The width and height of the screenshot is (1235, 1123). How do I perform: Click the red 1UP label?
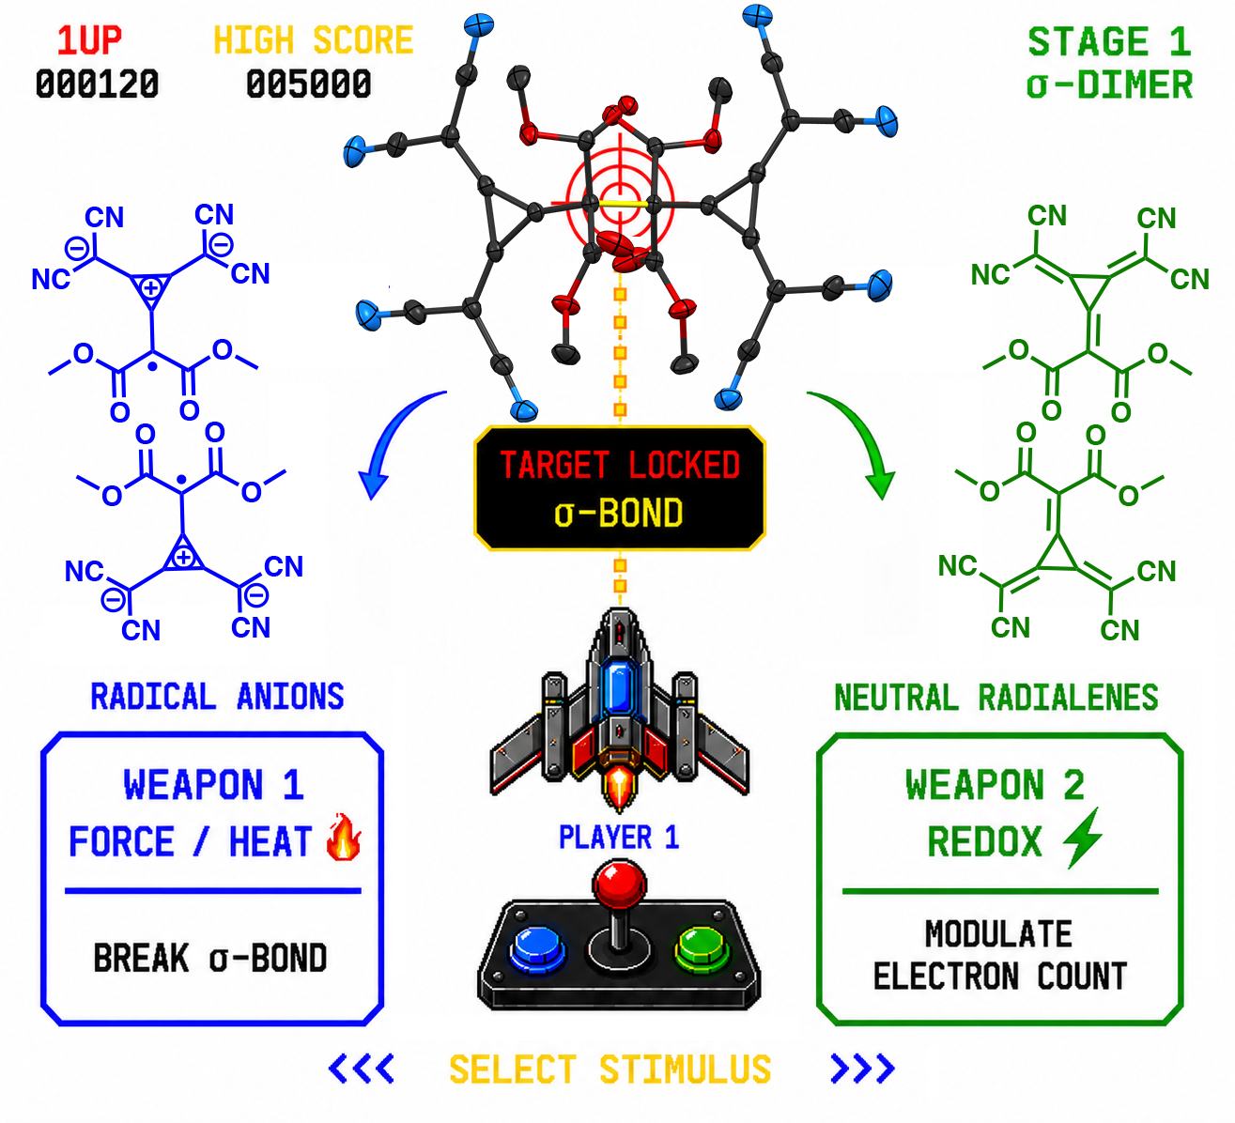89,41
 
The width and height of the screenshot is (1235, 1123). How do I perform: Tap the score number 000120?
98,84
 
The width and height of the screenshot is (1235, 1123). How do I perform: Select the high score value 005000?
308,84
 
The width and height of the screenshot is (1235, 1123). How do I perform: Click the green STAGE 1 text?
1109,42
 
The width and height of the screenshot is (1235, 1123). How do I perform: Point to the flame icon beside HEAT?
344,837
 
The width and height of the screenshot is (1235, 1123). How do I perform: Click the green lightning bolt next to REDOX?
1083,838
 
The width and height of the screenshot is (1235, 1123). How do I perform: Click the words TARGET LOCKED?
619,466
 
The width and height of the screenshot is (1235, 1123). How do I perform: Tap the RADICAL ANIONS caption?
217,697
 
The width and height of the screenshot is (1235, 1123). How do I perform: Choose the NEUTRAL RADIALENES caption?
996,698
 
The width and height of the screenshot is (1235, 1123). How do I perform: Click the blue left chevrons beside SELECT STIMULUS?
362,1069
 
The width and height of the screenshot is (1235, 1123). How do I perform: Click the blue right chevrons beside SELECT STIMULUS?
862,1069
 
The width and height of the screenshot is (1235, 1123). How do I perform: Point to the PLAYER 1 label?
619,838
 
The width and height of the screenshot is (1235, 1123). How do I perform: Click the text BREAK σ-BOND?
210,959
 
